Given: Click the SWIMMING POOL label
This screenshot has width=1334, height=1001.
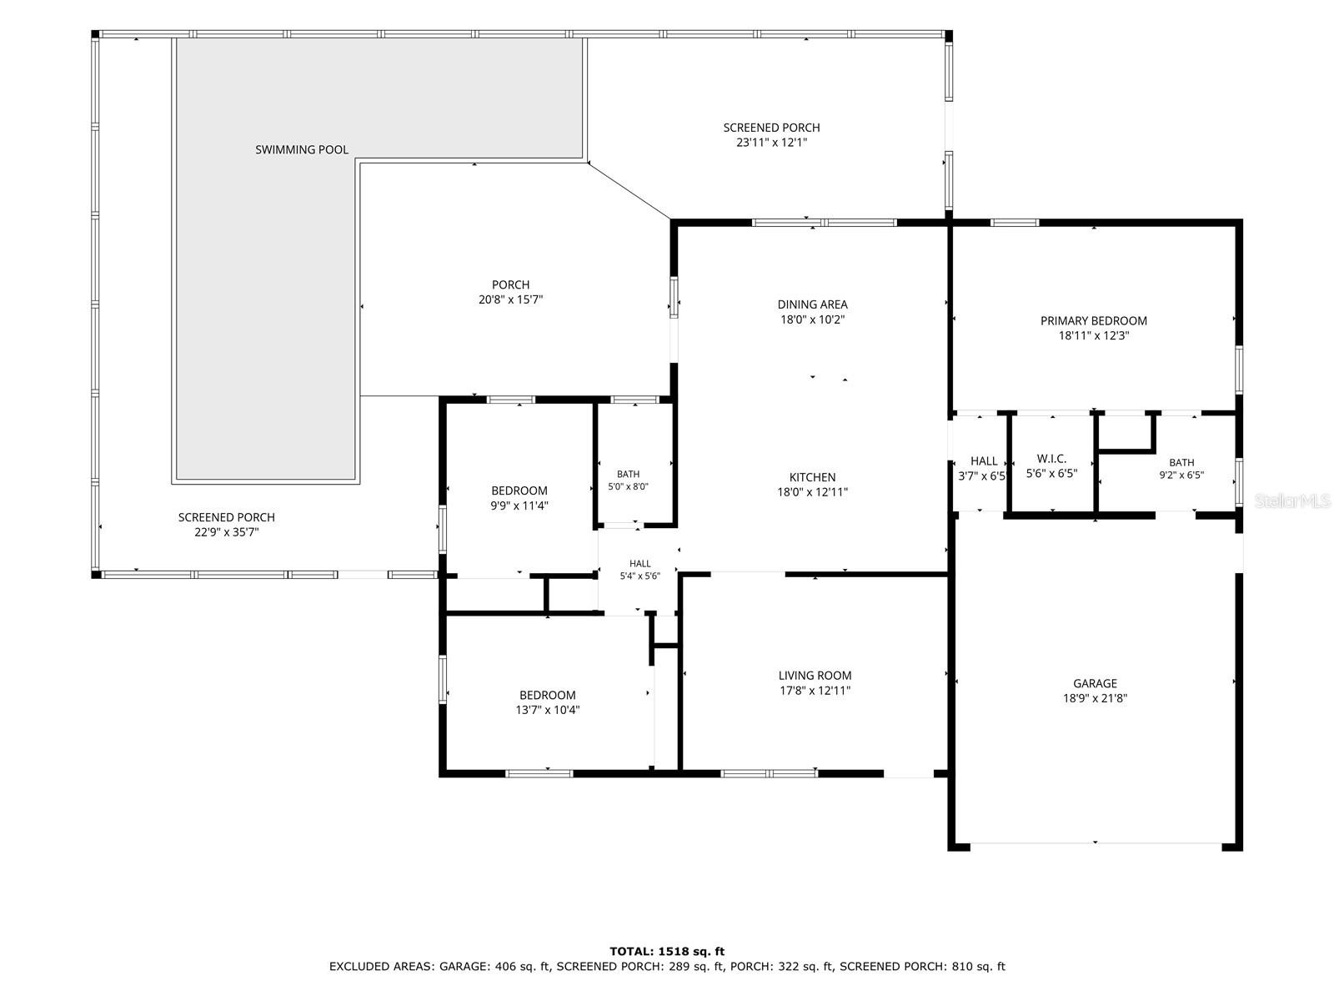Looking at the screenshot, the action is click(302, 149).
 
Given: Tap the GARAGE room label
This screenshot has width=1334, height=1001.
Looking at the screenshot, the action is click(1095, 683).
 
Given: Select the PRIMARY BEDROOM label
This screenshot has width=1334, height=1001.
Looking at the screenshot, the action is click(1093, 320).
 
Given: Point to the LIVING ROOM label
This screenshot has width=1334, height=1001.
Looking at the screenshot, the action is click(815, 675).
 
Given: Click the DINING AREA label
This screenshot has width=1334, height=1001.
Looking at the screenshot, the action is click(812, 304).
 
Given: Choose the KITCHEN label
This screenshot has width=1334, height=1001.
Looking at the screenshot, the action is click(812, 477).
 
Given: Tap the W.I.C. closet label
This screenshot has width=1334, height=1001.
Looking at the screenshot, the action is click(1051, 459).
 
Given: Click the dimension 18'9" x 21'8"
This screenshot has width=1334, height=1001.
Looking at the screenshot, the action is click(1095, 698).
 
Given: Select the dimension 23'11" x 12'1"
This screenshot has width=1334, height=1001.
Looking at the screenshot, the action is click(771, 142).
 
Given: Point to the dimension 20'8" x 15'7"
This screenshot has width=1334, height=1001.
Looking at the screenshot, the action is click(510, 299).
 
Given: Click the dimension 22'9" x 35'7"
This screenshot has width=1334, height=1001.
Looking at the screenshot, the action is click(226, 532).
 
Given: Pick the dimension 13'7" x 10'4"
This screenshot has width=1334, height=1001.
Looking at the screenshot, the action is click(547, 709).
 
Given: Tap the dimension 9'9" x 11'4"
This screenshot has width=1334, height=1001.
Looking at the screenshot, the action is click(519, 505).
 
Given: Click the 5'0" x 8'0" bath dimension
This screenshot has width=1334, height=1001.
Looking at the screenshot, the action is click(628, 486).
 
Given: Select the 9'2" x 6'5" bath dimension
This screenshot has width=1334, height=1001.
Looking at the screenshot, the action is click(1181, 475).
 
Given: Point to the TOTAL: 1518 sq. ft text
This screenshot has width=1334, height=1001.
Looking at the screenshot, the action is click(667, 951).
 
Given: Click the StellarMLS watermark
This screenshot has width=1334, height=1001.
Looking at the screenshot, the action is click(1291, 500).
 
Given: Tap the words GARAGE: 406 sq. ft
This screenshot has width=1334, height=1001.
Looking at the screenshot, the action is click(494, 966).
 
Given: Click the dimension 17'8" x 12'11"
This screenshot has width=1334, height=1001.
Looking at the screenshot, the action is click(815, 691).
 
